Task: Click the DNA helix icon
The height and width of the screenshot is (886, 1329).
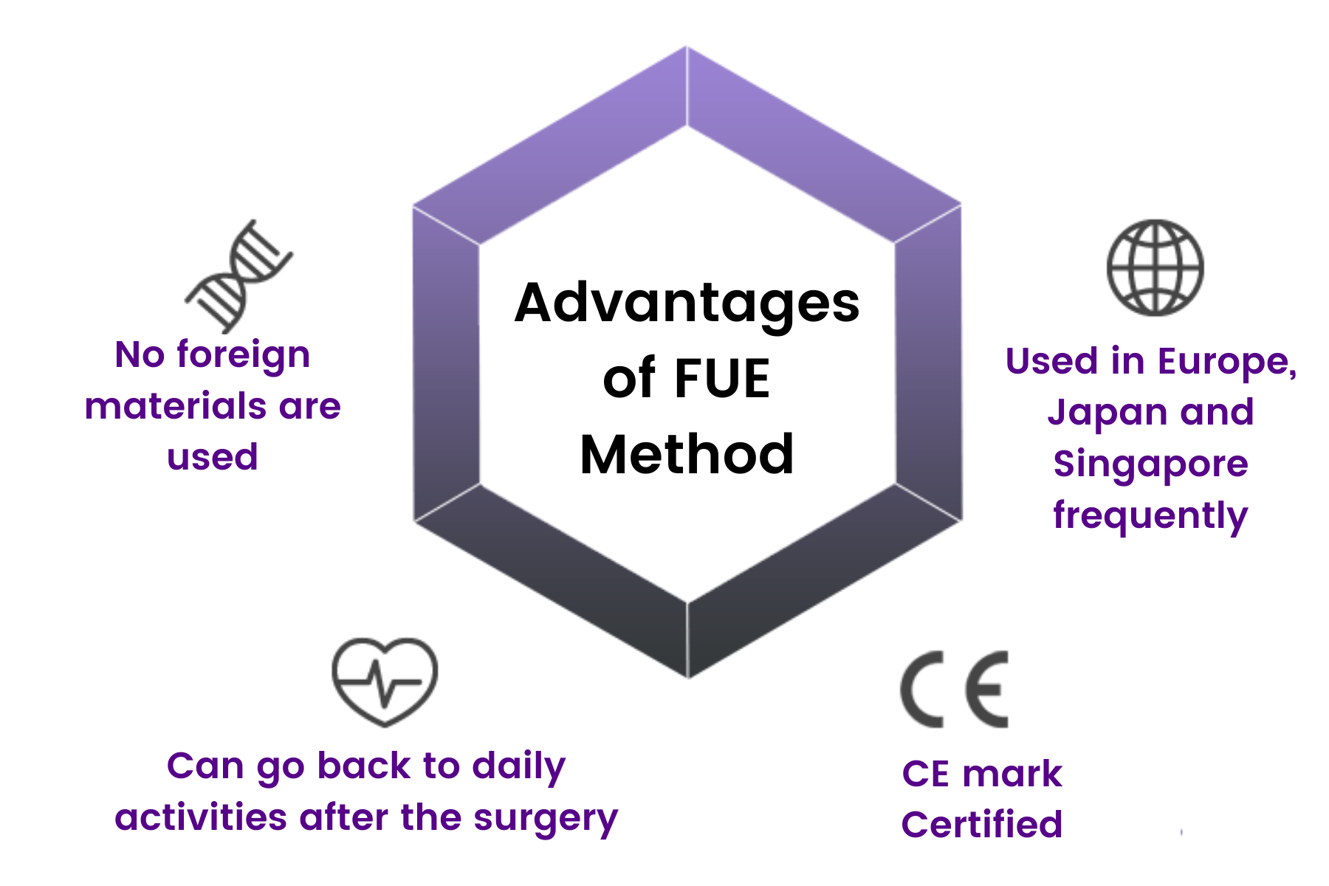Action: [238, 276]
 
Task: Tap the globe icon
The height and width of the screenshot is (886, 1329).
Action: [1155, 267]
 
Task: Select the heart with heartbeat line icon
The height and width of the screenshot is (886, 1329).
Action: [385, 681]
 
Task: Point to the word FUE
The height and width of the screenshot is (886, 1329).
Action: [722, 379]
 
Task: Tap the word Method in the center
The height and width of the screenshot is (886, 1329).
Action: [687, 454]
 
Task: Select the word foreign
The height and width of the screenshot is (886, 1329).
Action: [243, 355]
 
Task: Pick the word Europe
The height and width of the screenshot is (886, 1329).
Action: [1226, 362]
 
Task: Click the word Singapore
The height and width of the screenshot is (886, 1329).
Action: [1150, 464]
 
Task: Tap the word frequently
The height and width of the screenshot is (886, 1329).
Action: [1150, 515]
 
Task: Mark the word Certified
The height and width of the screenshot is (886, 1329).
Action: [981, 825]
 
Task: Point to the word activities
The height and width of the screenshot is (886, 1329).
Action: [200, 818]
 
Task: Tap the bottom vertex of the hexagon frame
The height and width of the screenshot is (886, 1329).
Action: [688, 676]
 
